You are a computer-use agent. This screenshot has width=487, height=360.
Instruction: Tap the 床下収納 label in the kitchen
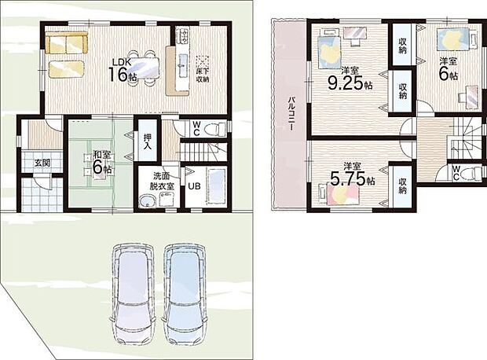[203, 75]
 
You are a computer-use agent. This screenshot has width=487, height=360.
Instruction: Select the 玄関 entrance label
[42, 163]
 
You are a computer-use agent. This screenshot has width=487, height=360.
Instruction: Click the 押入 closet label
[148, 141]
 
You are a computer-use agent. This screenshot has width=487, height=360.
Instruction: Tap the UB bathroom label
[194, 186]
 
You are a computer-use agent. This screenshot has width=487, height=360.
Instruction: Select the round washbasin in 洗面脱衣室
[146, 201]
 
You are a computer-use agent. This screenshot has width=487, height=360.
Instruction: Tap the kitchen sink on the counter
[182, 65]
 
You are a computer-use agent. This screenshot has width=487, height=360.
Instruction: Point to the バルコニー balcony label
[291, 114]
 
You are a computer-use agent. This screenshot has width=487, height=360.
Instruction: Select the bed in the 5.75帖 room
[340, 193]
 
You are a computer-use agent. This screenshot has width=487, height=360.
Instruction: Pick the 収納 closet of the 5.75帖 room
[402, 185]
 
